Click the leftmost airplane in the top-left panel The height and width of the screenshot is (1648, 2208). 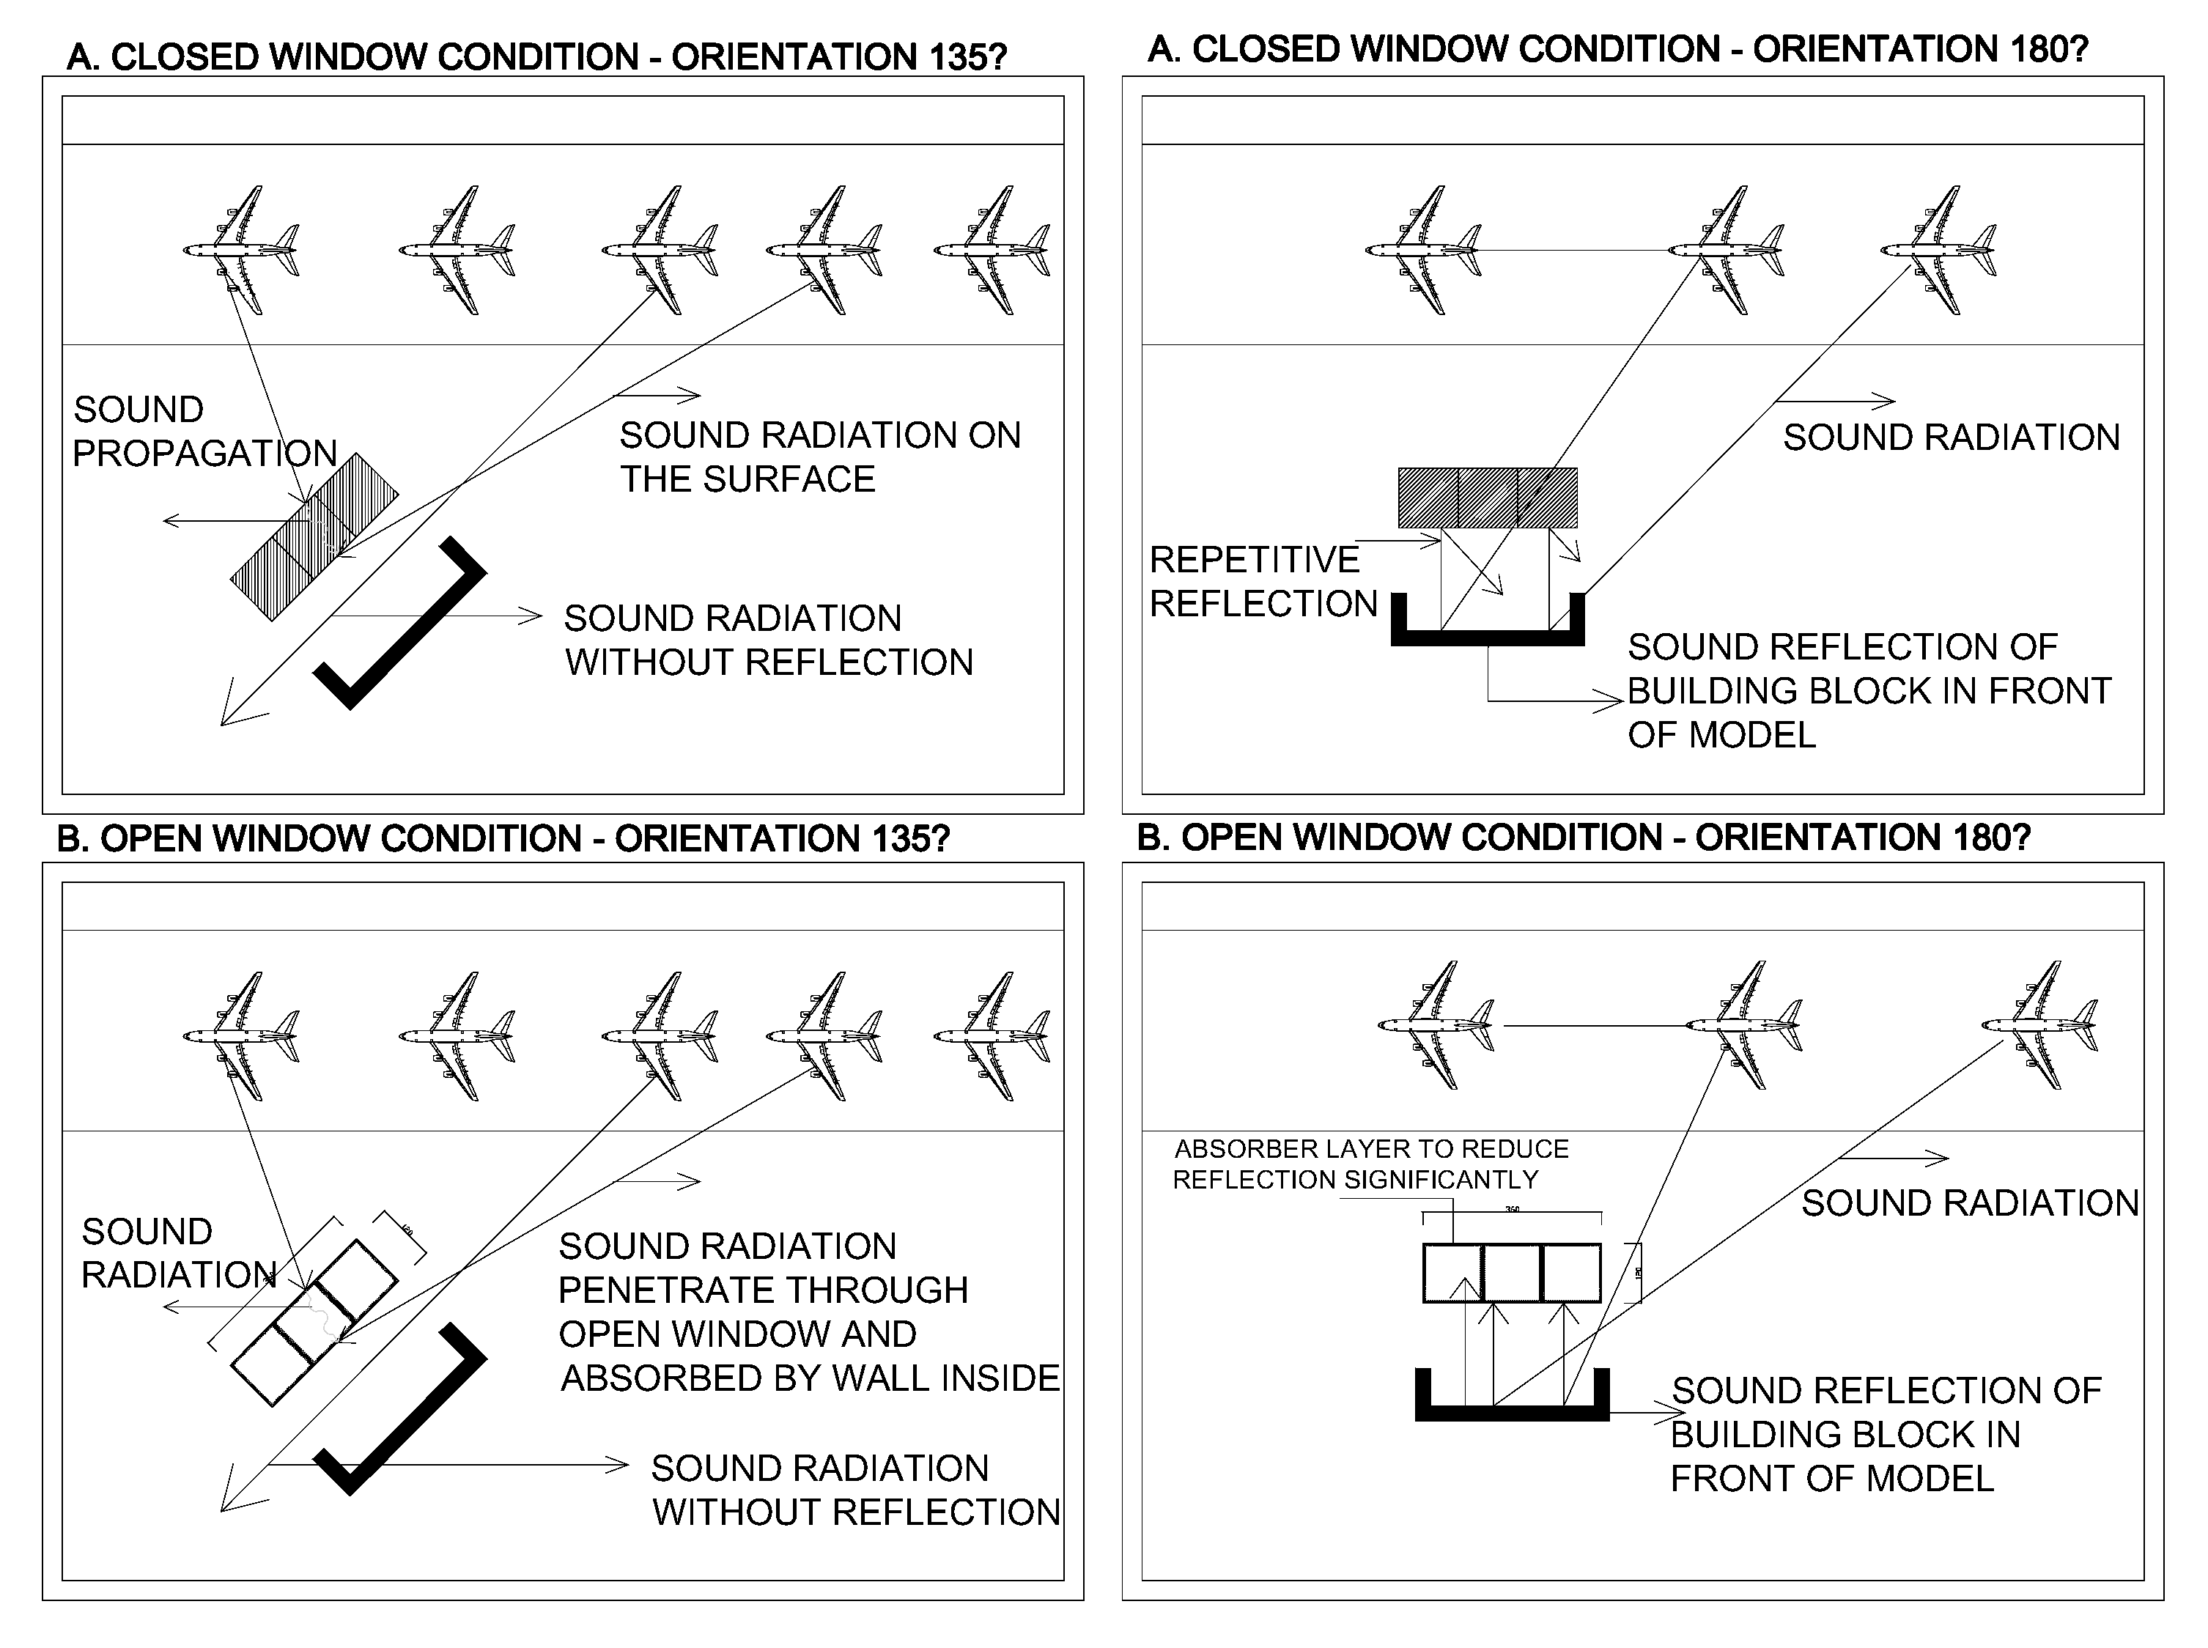[x=240, y=249]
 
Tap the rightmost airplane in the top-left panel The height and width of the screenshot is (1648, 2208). [x=992, y=249]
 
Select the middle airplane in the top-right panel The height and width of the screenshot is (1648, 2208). [x=1726, y=249]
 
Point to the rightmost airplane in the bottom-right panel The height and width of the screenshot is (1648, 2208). [x=2039, y=1024]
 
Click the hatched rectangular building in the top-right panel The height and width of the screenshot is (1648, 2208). [x=1487, y=497]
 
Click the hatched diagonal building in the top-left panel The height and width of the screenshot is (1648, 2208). [x=314, y=536]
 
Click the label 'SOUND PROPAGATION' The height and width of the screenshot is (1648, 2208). [x=204, y=431]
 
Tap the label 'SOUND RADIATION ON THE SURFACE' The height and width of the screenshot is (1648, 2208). [x=819, y=457]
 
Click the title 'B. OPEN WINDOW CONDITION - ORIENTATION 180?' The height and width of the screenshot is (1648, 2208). [x=1584, y=837]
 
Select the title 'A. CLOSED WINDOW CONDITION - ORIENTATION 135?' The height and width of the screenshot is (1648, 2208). [x=536, y=57]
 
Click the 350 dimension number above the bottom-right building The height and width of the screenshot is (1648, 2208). [x=1512, y=1209]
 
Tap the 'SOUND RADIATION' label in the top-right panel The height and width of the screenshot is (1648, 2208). [x=1951, y=437]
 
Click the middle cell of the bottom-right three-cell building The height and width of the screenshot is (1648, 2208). [x=1512, y=1272]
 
